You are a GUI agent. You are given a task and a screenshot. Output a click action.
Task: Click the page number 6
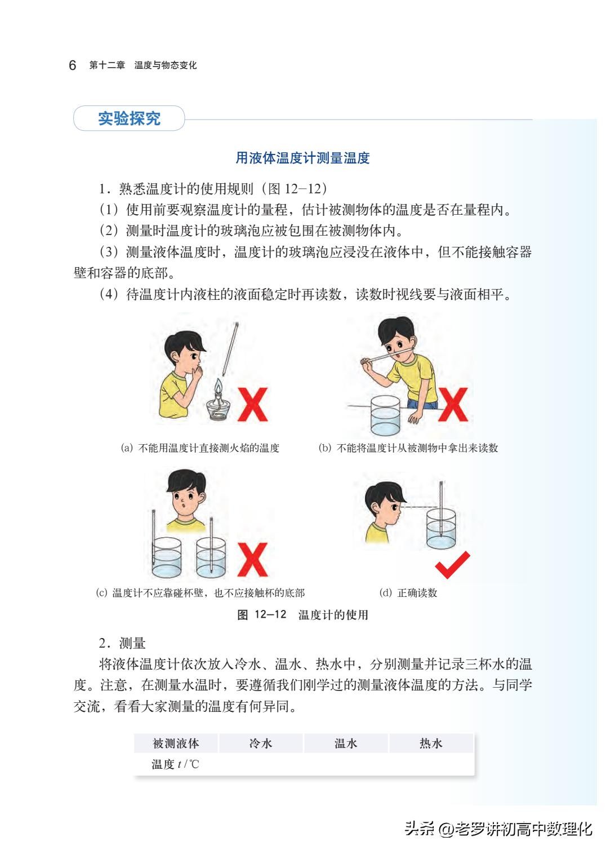coord(72,65)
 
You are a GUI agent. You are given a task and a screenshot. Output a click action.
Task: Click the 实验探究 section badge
coord(129,118)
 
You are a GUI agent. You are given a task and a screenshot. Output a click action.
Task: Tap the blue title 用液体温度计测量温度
coord(302,158)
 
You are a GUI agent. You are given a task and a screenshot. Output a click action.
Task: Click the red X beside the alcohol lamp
coord(252,404)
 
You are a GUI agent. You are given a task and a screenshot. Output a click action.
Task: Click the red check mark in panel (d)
coord(452,564)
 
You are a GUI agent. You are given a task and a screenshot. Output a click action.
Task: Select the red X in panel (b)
coord(453,404)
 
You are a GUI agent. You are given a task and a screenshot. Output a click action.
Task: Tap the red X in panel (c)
coord(252,560)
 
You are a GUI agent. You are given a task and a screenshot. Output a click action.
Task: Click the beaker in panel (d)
coord(440,529)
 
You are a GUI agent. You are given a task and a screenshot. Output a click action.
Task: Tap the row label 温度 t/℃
coord(175,764)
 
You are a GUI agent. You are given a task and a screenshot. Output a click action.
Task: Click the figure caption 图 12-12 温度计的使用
coord(302,615)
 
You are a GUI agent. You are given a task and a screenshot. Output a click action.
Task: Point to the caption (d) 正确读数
coord(408,593)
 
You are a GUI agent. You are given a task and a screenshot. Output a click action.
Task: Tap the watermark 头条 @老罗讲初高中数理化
coord(498,829)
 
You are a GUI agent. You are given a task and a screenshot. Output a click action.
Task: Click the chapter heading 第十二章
coord(107,65)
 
